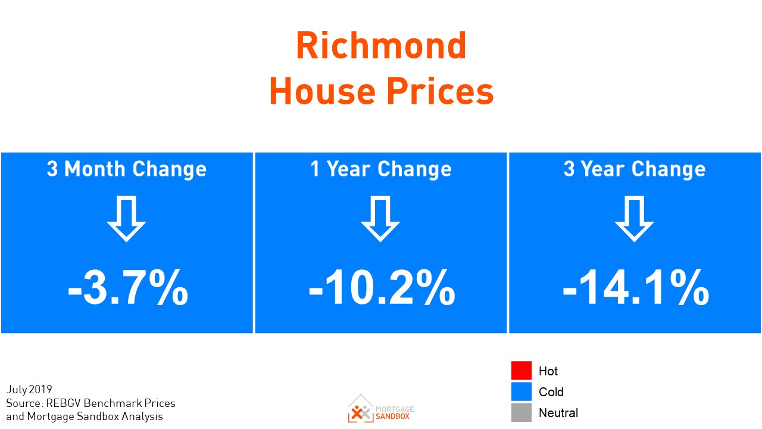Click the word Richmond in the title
point(381,46)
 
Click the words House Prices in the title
point(381,92)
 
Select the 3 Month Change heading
point(127,169)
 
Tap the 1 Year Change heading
point(381,169)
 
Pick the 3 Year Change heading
point(635,169)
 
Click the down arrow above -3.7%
point(126,219)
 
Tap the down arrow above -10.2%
point(380,219)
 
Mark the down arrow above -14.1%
point(634,219)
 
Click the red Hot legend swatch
point(521,371)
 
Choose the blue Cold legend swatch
point(521,391)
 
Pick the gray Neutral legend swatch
point(521,412)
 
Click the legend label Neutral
point(558,412)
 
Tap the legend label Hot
point(548,371)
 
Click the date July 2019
point(29,390)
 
